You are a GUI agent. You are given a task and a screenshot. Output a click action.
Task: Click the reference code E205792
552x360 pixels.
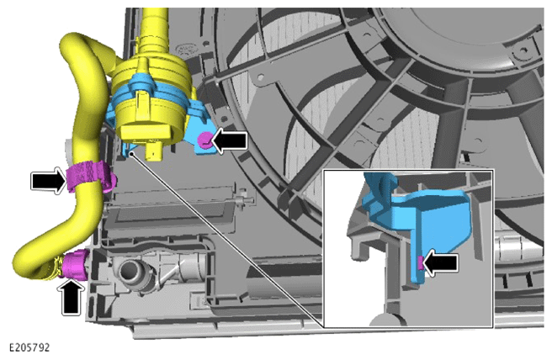tap(29, 347)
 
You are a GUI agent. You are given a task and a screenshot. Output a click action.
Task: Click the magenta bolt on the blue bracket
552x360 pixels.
tap(204, 140)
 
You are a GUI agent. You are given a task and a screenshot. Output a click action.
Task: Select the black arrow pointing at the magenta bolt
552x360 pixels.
tap(229, 140)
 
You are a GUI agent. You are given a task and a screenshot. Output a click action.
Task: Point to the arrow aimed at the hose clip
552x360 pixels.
tap(49, 181)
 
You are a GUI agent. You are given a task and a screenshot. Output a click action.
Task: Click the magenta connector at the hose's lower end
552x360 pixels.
tap(75, 264)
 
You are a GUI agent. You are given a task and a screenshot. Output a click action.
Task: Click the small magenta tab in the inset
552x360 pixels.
tap(420, 262)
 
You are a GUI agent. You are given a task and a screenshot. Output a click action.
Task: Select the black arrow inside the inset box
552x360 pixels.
tap(440, 262)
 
